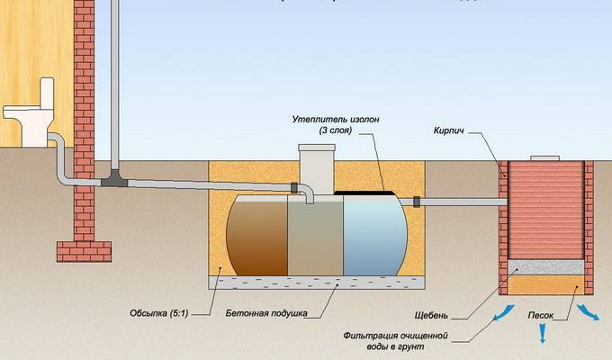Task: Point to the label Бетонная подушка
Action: [x=267, y=315]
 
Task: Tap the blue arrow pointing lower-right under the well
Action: [x=589, y=314]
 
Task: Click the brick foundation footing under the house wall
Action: [x=84, y=250]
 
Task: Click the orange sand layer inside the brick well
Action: [x=545, y=284]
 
